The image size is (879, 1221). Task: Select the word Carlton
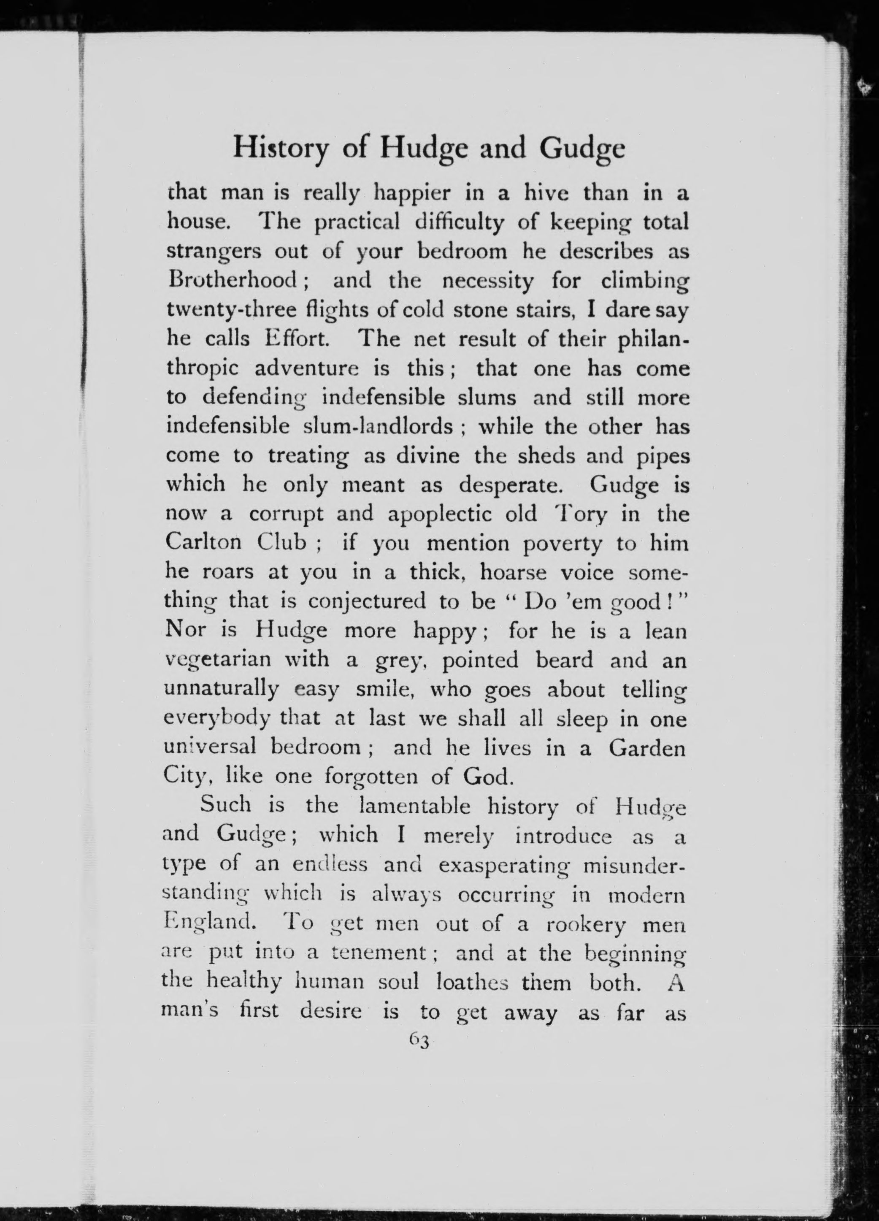point(203,543)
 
